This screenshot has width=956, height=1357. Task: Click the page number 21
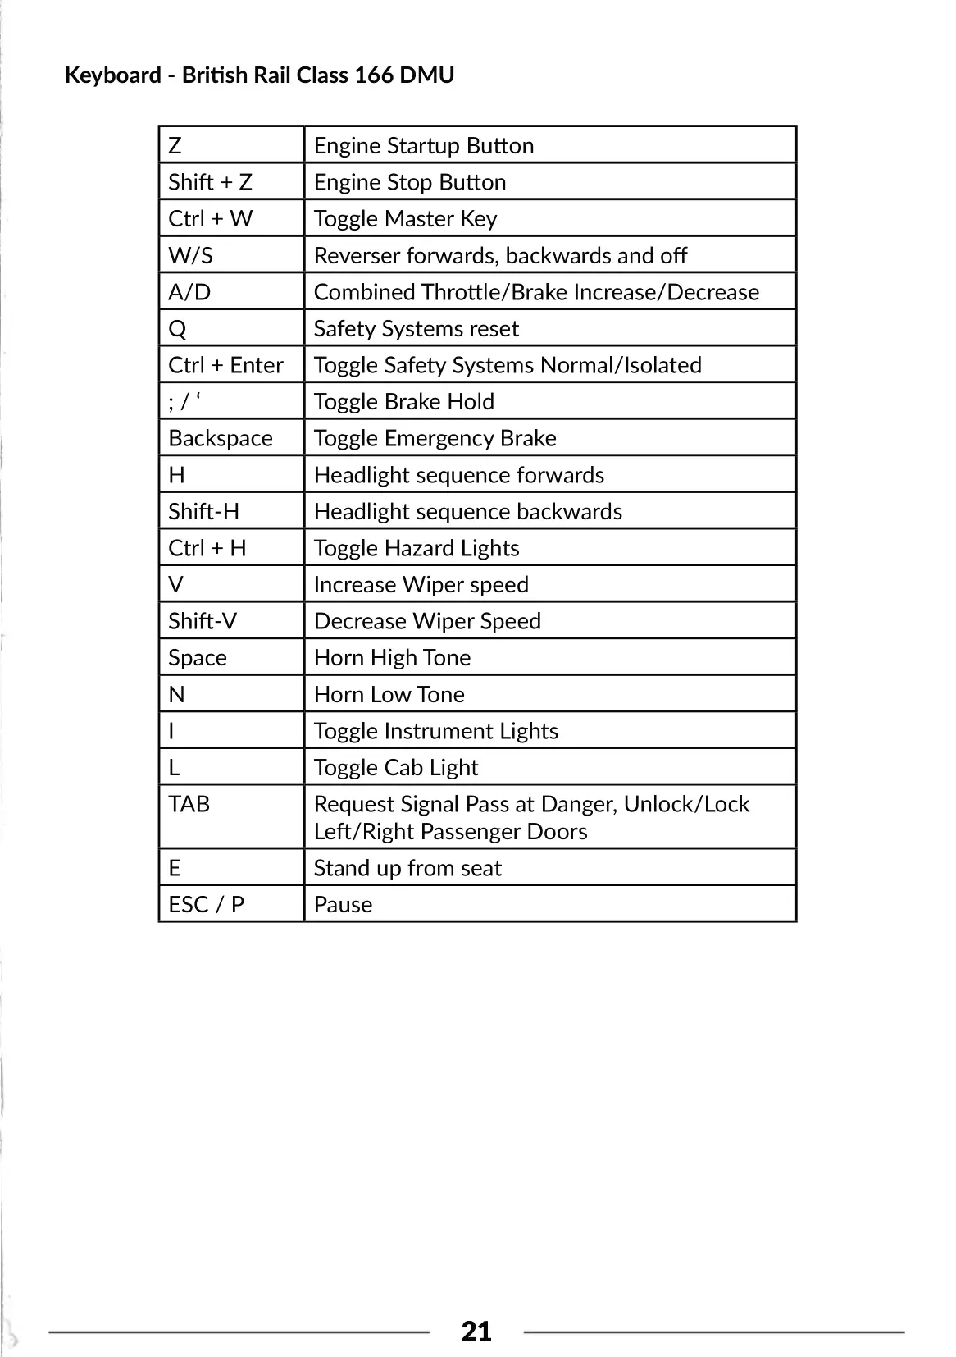476,1331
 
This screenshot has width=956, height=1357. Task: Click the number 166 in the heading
373,75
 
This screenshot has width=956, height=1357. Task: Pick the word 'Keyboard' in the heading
112,75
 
